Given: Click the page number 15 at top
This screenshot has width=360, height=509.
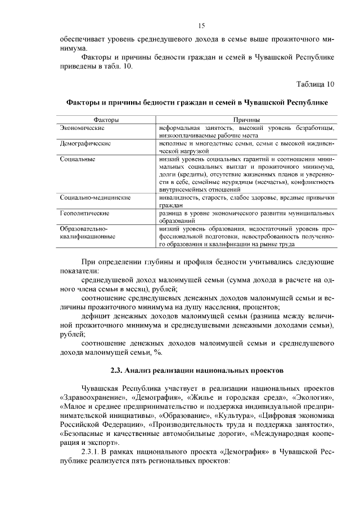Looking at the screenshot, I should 201,25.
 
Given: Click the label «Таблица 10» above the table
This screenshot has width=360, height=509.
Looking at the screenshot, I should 316,84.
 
